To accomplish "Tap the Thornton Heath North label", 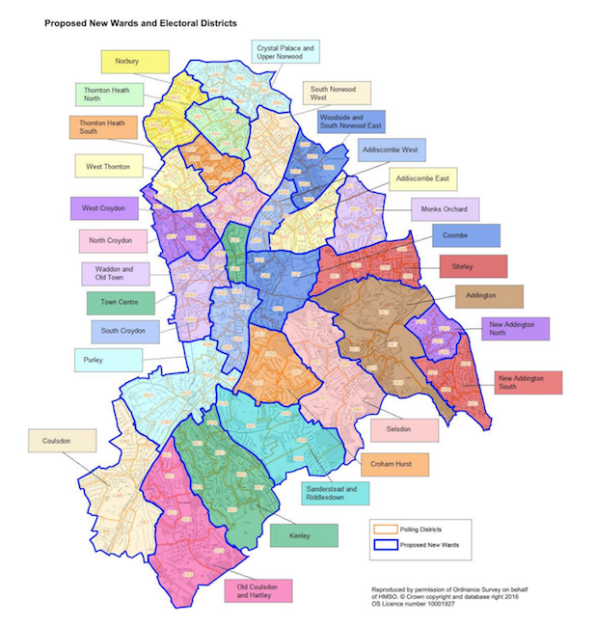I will pos(107,95).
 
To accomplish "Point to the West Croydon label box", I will pos(104,208).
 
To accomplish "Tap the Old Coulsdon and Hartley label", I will pos(257,589).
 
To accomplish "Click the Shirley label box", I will pos(473,266).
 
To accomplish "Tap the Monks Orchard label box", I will pos(445,209).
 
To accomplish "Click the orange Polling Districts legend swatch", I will pos(386,529).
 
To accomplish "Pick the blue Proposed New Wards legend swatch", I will pos(386,545).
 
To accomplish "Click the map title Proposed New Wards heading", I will pos(142,20).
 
